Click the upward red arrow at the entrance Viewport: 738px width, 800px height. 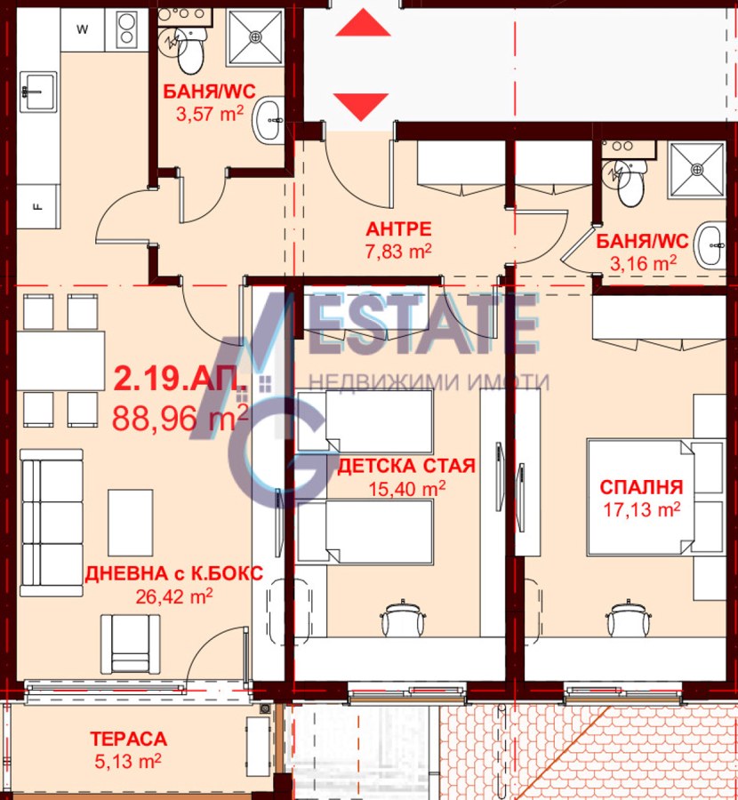point(363,23)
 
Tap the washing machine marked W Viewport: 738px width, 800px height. point(83,29)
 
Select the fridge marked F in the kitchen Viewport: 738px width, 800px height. point(38,206)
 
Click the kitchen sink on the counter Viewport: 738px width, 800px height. point(38,92)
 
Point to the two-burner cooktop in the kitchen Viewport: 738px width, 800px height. point(126,29)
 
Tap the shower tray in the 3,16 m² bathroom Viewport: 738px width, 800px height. point(697,170)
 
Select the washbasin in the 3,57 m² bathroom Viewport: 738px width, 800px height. point(268,120)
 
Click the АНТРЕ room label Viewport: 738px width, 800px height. point(398,228)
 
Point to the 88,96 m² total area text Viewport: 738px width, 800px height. point(180,418)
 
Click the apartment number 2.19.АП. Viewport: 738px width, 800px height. point(180,378)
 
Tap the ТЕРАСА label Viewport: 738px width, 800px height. point(129,739)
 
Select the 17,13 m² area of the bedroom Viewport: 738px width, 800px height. point(642,509)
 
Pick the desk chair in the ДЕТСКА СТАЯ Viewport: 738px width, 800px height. point(403,618)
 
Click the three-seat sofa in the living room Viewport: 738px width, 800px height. point(51,523)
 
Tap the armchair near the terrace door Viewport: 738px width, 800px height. point(130,644)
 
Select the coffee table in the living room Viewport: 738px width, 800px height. point(130,523)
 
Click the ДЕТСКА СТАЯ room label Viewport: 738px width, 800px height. point(406,466)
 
